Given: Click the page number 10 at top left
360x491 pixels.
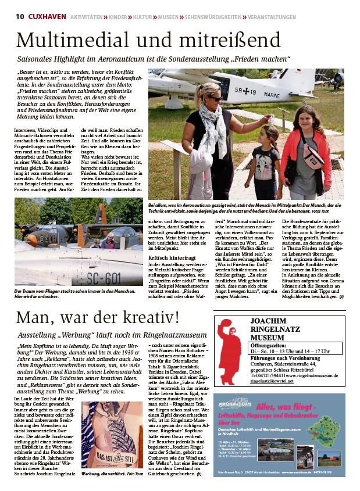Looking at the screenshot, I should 20,17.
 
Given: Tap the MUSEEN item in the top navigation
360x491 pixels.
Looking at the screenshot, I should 168,17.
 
